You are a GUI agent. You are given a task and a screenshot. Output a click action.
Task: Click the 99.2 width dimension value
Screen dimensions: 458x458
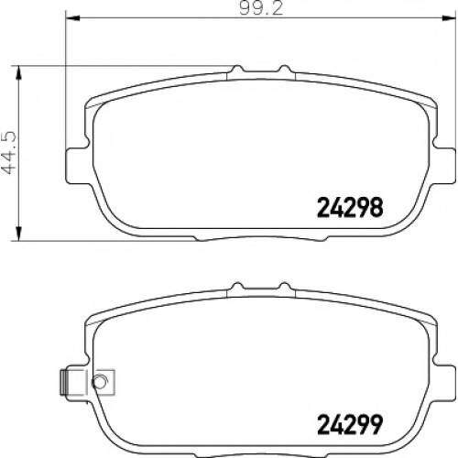pyautogui.click(x=261, y=8)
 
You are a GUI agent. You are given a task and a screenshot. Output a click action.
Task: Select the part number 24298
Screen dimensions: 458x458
pyautogui.click(x=350, y=207)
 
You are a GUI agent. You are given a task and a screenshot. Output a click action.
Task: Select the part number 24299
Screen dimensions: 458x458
pyautogui.click(x=350, y=424)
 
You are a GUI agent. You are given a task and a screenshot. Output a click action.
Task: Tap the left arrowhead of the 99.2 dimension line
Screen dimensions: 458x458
pyautogui.click(x=73, y=18)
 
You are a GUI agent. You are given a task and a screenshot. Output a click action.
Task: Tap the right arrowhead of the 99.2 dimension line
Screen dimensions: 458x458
pyautogui.click(x=449, y=18)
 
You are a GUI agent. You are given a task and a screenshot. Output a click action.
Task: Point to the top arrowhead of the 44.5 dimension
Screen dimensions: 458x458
pyautogui.click(x=18, y=72)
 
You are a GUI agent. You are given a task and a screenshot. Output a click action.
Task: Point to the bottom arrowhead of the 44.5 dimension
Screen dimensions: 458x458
pyautogui.click(x=18, y=234)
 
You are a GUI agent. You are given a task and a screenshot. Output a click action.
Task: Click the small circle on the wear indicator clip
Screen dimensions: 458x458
pyautogui.click(x=99, y=381)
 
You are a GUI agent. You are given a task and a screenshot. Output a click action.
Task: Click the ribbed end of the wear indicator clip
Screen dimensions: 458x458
pyautogui.click(x=64, y=382)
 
